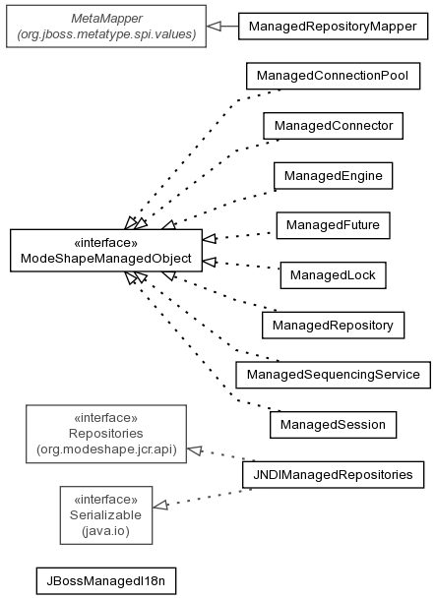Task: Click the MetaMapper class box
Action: (x=106, y=27)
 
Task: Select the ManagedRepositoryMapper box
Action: (x=333, y=27)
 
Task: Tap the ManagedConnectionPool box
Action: (x=333, y=76)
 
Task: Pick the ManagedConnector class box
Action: (x=333, y=126)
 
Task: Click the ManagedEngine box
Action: (x=333, y=176)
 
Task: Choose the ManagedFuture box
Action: (x=333, y=225)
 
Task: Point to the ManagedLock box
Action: (x=333, y=275)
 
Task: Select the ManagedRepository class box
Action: (x=333, y=326)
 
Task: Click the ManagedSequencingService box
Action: (x=333, y=375)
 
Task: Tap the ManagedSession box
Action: (x=333, y=425)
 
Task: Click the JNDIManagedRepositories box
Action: (x=333, y=474)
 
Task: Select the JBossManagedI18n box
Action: (x=106, y=581)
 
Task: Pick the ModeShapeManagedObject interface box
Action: (x=106, y=251)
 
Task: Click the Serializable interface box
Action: (x=106, y=515)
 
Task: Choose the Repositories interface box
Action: (x=106, y=434)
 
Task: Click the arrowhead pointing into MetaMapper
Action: (x=214, y=27)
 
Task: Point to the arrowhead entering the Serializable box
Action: (x=160, y=506)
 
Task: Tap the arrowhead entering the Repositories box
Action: (x=195, y=450)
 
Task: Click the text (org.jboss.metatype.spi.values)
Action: (x=106, y=34)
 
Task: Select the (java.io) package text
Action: (x=106, y=531)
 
